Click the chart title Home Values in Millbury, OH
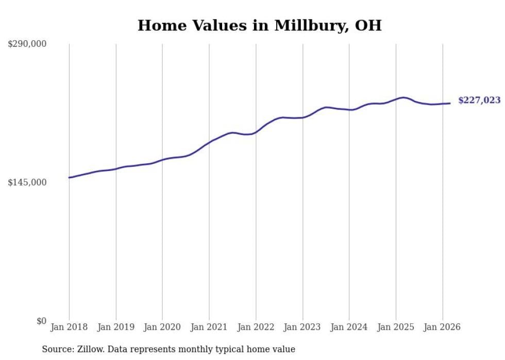(259, 25)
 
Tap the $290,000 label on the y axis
(27, 44)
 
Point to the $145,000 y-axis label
(27, 182)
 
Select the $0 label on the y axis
(41, 321)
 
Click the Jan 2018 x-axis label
(69, 327)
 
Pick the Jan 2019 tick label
(116, 327)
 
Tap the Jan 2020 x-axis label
(162, 327)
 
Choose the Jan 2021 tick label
(209, 327)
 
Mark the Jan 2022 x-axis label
(256, 327)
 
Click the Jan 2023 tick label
(302, 327)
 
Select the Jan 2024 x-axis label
(349, 327)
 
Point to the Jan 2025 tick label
(396, 327)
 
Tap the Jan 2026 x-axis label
(442, 327)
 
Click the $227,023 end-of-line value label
(479, 100)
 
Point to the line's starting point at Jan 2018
(69, 178)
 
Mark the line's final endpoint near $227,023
(450, 103)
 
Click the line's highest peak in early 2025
(404, 97)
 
